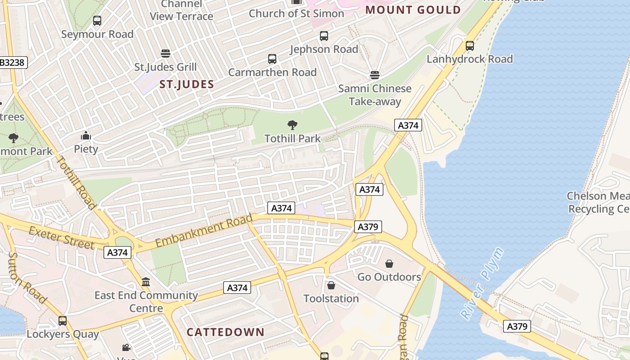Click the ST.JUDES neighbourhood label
[186, 85]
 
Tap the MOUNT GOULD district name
[413, 10]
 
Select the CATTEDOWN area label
[225, 333]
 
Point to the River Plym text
[482, 283]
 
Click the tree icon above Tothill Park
[292, 125]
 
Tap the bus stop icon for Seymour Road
[97, 20]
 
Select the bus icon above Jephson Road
[324, 36]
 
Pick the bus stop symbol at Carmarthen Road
[272, 59]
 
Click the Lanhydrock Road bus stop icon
[470, 45]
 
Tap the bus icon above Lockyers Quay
[63, 321]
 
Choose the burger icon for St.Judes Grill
[166, 54]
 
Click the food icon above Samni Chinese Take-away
[375, 75]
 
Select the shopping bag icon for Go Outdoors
[389, 263]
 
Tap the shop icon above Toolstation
[331, 285]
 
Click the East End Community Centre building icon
[146, 282]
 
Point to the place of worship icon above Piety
[86, 135]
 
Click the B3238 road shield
[12, 63]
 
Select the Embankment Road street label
[204, 231]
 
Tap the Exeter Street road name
[62, 238]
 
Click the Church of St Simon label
[297, 13]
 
